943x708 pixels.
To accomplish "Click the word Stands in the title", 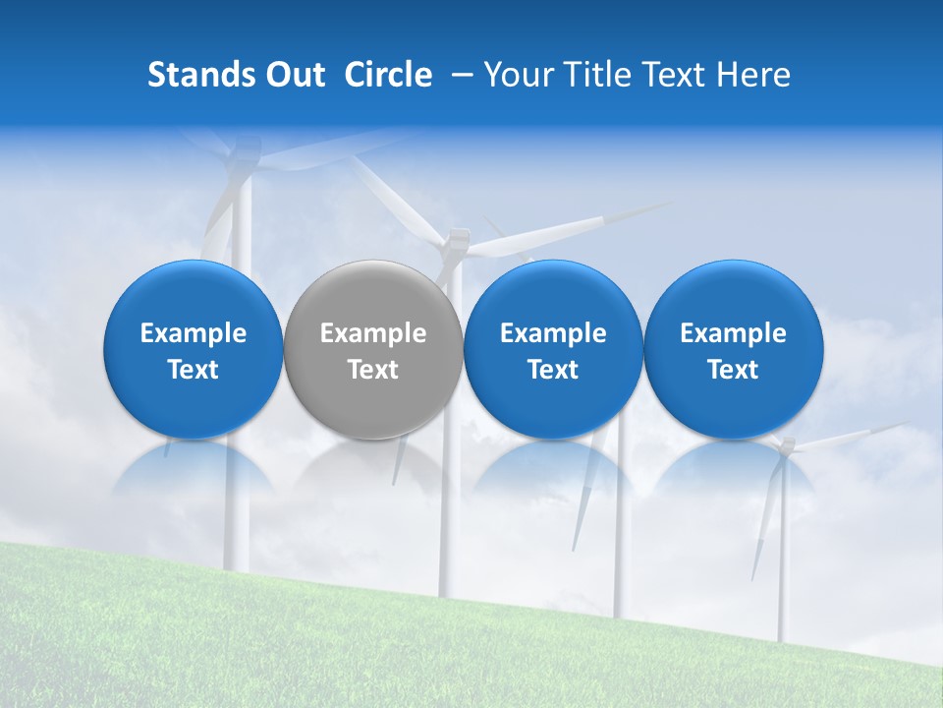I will (x=194, y=75).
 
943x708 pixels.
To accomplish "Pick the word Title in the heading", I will (x=589, y=75).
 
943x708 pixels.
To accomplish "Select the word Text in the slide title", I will (x=670, y=75).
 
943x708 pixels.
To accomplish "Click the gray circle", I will (x=373, y=295).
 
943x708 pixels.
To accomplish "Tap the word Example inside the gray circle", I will (x=373, y=333).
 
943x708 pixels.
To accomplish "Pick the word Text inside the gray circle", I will (x=373, y=370).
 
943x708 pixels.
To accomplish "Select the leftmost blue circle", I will (x=193, y=295).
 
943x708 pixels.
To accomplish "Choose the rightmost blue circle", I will (x=733, y=295).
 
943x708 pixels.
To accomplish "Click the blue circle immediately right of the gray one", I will (x=553, y=295).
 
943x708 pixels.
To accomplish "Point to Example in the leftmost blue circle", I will (x=193, y=333).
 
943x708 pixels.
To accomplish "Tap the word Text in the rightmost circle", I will (x=733, y=370).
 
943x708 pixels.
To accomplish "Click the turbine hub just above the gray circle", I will (x=455, y=239).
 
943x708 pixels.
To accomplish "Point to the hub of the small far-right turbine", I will (x=784, y=447).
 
